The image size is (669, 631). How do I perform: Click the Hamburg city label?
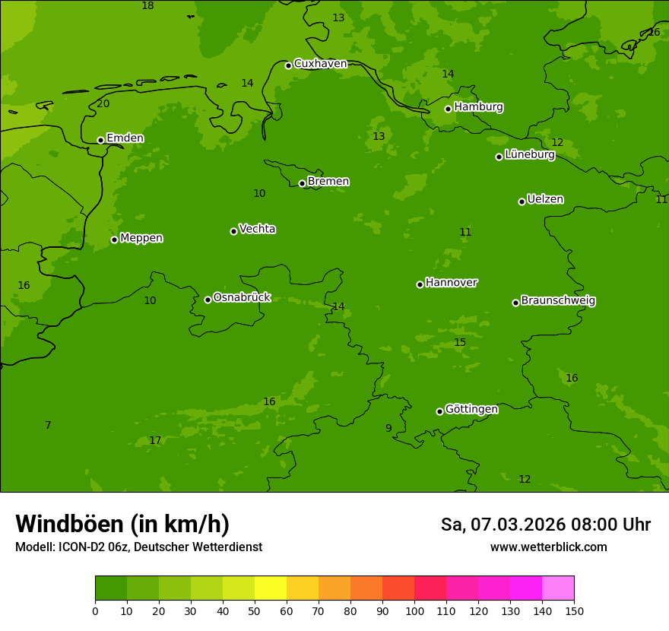pyautogui.click(x=478, y=107)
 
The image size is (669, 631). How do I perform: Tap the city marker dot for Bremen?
pyautogui.click(x=302, y=183)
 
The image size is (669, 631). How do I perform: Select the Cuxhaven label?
pyautogui.click(x=320, y=64)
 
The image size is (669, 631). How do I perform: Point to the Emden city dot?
pyautogui.click(x=100, y=140)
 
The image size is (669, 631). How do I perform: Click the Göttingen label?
pyautogui.click(x=471, y=410)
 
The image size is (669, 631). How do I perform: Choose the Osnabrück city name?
pyautogui.click(x=242, y=298)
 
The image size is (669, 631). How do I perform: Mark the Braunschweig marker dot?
pyautogui.click(x=515, y=303)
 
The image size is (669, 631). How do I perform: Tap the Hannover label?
pyautogui.click(x=451, y=283)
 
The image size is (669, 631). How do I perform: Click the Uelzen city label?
pyautogui.click(x=545, y=200)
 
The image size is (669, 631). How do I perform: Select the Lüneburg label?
pyautogui.click(x=530, y=155)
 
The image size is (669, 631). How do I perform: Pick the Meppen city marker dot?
pyautogui.click(x=114, y=239)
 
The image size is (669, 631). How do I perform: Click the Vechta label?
pyautogui.click(x=257, y=230)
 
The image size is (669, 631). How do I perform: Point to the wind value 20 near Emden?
pyautogui.click(x=103, y=104)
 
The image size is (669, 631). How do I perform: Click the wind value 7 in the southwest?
pyautogui.click(x=48, y=426)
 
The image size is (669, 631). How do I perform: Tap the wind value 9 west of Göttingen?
pyautogui.click(x=388, y=429)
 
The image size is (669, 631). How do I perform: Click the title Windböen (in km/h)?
pyautogui.click(x=122, y=525)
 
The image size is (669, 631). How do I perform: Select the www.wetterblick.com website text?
pyautogui.click(x=548, y=547)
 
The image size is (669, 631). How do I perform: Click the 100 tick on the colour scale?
pyautogui.click(x=414, y=610)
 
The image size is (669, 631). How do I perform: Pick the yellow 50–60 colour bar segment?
pyautogui.click(x=271, y=588)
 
